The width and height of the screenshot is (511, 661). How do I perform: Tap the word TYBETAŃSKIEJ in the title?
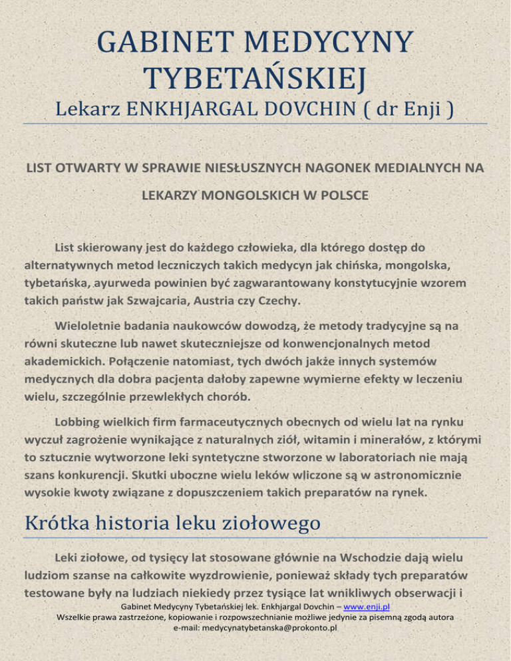(255, 81)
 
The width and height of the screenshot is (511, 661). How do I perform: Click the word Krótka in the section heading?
(57, 524)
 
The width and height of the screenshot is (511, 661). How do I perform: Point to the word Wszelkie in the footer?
(77, 636)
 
